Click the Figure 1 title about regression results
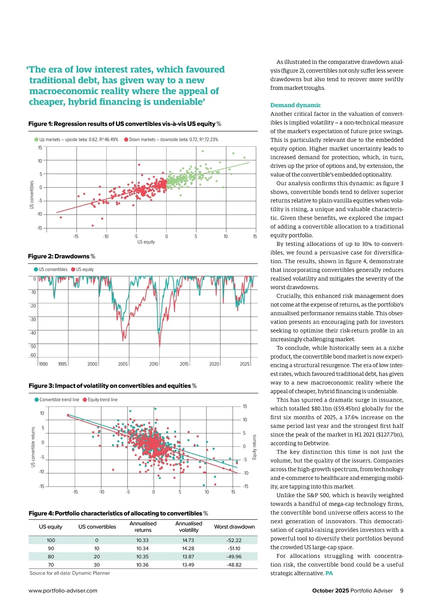point(124,124)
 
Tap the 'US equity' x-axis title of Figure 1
point(146,242)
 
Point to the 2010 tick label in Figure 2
point(154,364)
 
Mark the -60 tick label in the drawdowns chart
point(33,355)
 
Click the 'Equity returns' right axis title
point(255,447)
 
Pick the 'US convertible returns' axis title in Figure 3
point(33,447)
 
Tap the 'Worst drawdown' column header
point(234,527)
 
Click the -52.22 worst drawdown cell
point(234,540)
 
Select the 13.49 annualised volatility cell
point(188,565)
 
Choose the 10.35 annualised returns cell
point(143,556)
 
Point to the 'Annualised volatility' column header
point(188,527)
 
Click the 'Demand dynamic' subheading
point(296,105)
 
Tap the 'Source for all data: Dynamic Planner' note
point(70,573)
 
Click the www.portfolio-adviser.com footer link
point(63,590)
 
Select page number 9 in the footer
point(402,590)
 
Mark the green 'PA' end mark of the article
point(329,573)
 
